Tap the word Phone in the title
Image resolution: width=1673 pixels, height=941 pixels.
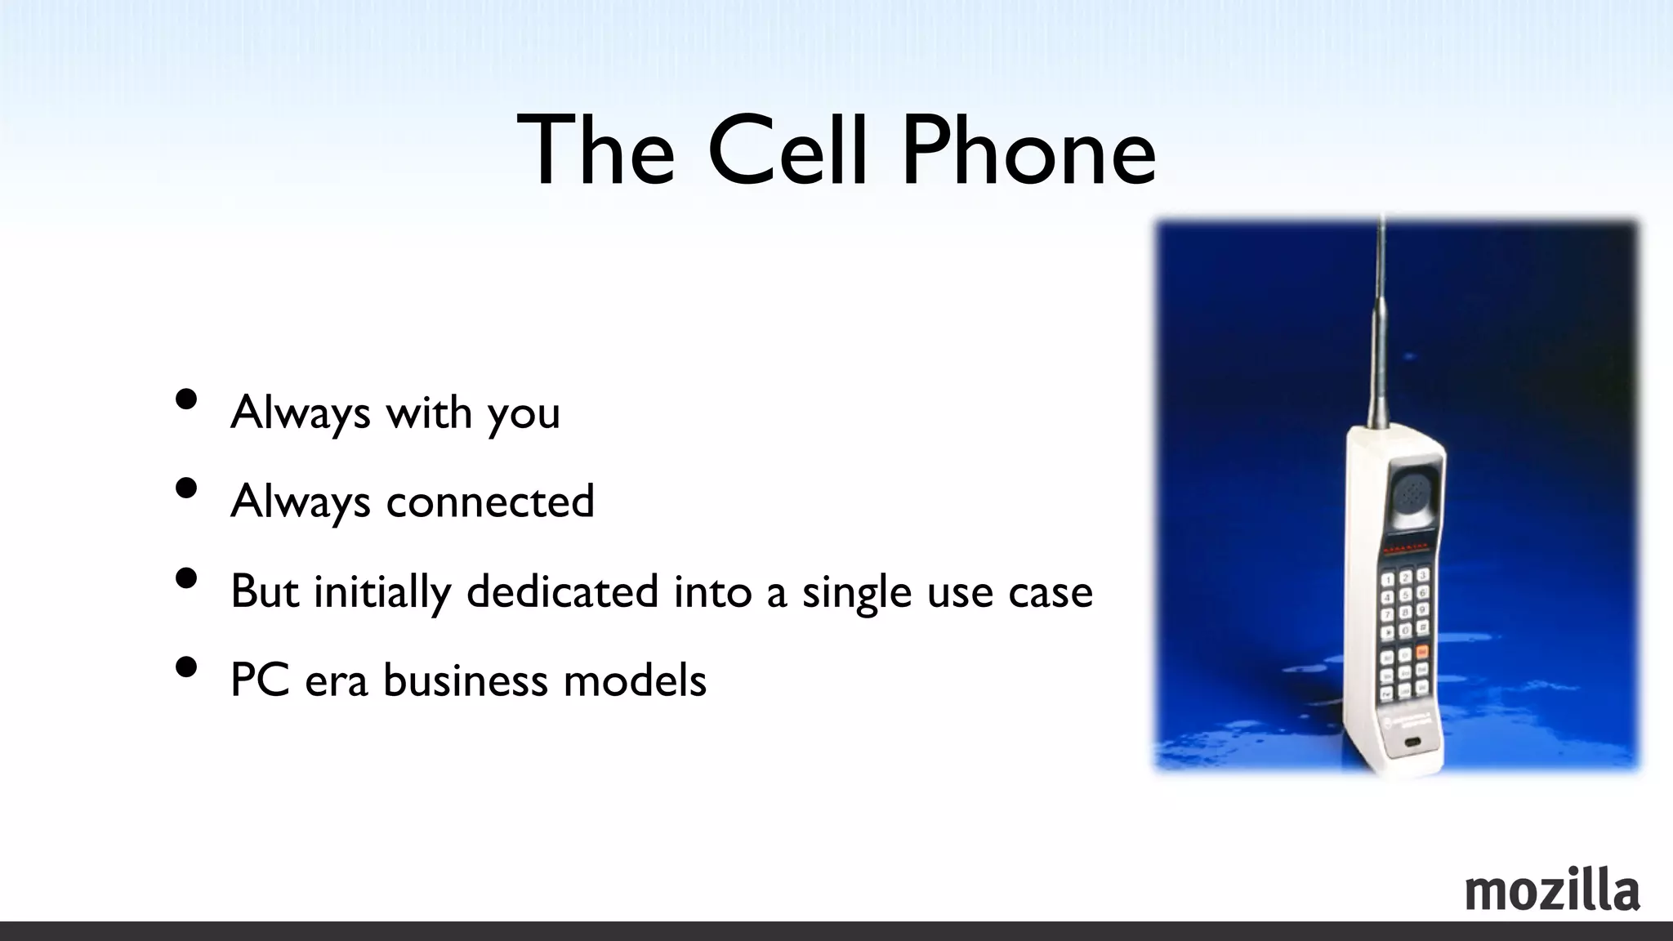point(1028,152)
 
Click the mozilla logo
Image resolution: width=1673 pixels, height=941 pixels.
point(1552,891)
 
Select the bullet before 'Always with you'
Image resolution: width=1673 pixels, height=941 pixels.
point(186,399)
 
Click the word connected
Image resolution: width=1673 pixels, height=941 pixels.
point(489,501)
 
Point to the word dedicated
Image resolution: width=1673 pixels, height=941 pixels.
point(562,591)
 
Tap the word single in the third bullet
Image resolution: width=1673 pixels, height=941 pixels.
point(856,592)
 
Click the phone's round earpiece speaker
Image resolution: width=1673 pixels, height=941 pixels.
point(1410,493)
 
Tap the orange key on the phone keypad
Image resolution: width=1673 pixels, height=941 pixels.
point(1421,652)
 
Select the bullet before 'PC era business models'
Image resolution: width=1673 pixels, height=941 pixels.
point(186,667)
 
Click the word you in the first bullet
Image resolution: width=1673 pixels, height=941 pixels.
point(524,413)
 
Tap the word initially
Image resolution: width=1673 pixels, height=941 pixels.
point(382,592)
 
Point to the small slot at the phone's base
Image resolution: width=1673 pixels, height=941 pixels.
point(1411,743)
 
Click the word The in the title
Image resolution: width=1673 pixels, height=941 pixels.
point(596,152)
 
